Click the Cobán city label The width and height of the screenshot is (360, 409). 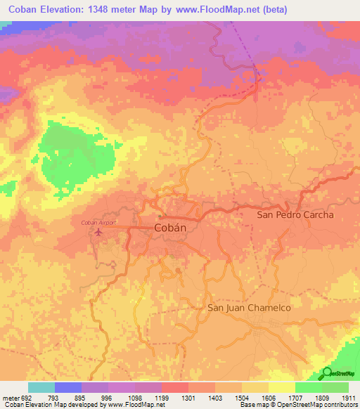(x=169, y=228)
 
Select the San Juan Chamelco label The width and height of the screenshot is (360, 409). (x=249, y=308)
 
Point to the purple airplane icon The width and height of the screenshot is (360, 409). (x=98, y=231)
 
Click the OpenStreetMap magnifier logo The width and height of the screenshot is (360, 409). (x=328, y=373)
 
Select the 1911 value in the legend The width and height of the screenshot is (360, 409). (x=347, y=397)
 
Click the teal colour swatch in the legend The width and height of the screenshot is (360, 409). (x=41, y=387)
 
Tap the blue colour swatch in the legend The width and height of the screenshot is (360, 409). (x=68, y=387)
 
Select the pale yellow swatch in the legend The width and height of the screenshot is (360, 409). (x=281, y=387)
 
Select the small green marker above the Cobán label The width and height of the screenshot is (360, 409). (x=160, y=216)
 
